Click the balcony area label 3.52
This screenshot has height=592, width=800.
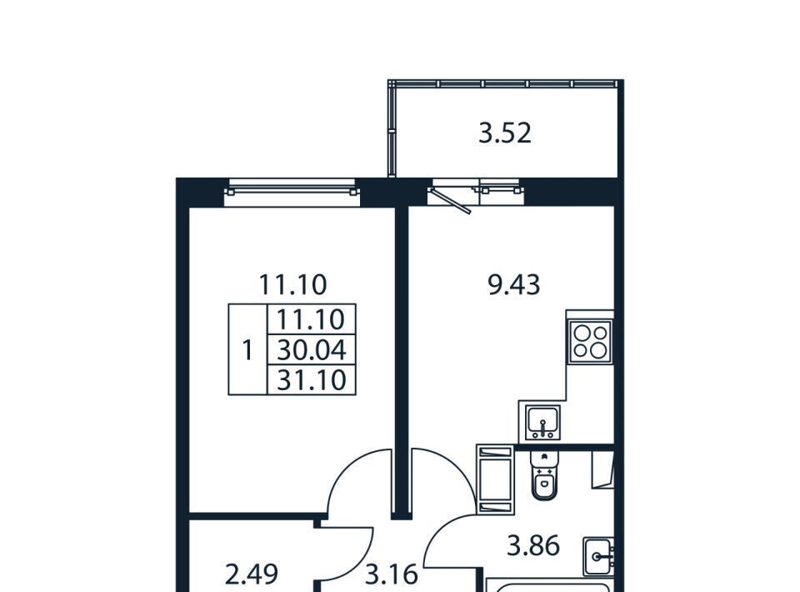(505, 133)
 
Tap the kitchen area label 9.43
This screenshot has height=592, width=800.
(514, 285)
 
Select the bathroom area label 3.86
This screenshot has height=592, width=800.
(533, 545)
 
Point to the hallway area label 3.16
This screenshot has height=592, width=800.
(392, 575)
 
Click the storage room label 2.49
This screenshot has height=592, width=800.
(252, 574)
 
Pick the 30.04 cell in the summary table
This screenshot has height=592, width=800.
(312, 350)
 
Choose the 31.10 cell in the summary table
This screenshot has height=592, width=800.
(312, 379)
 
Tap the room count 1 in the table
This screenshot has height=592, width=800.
(247, 350)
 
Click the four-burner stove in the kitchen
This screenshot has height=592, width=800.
(590, 341)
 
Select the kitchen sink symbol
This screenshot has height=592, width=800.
(543, 422)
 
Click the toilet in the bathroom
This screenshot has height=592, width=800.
(544, 475)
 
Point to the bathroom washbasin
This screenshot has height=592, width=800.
(599, 556)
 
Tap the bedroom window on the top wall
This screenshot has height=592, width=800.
(292, 187)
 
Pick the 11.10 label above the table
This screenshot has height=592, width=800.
(292, 285)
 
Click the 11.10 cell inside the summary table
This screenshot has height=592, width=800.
(312, 319)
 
